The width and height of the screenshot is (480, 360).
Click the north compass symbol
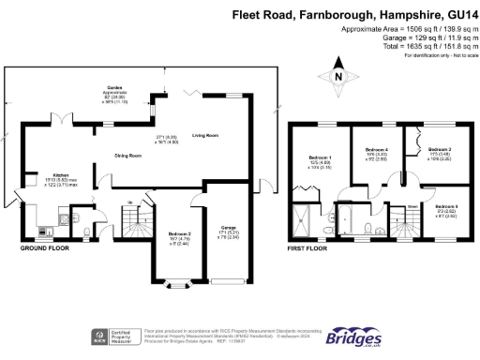tap(338, 76)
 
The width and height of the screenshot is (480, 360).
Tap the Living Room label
tap(204, 137)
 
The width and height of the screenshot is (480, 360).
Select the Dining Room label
tap(127, 155)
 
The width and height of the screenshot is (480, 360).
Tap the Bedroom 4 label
tap(376, 150)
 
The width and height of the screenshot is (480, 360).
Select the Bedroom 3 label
tap(440, 150)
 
